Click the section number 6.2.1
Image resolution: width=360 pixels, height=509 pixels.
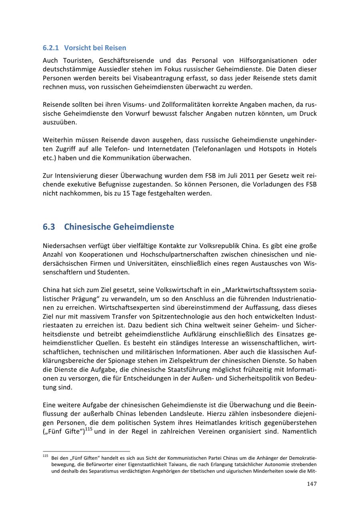tap(50, 48)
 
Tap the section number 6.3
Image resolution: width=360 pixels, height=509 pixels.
tap(49, 227)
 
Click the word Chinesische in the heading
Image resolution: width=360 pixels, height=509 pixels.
tap(87, 227)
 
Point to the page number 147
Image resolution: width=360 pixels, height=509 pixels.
tap(312, 484)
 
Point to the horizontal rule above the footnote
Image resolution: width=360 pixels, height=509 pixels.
tap(86, 451)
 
